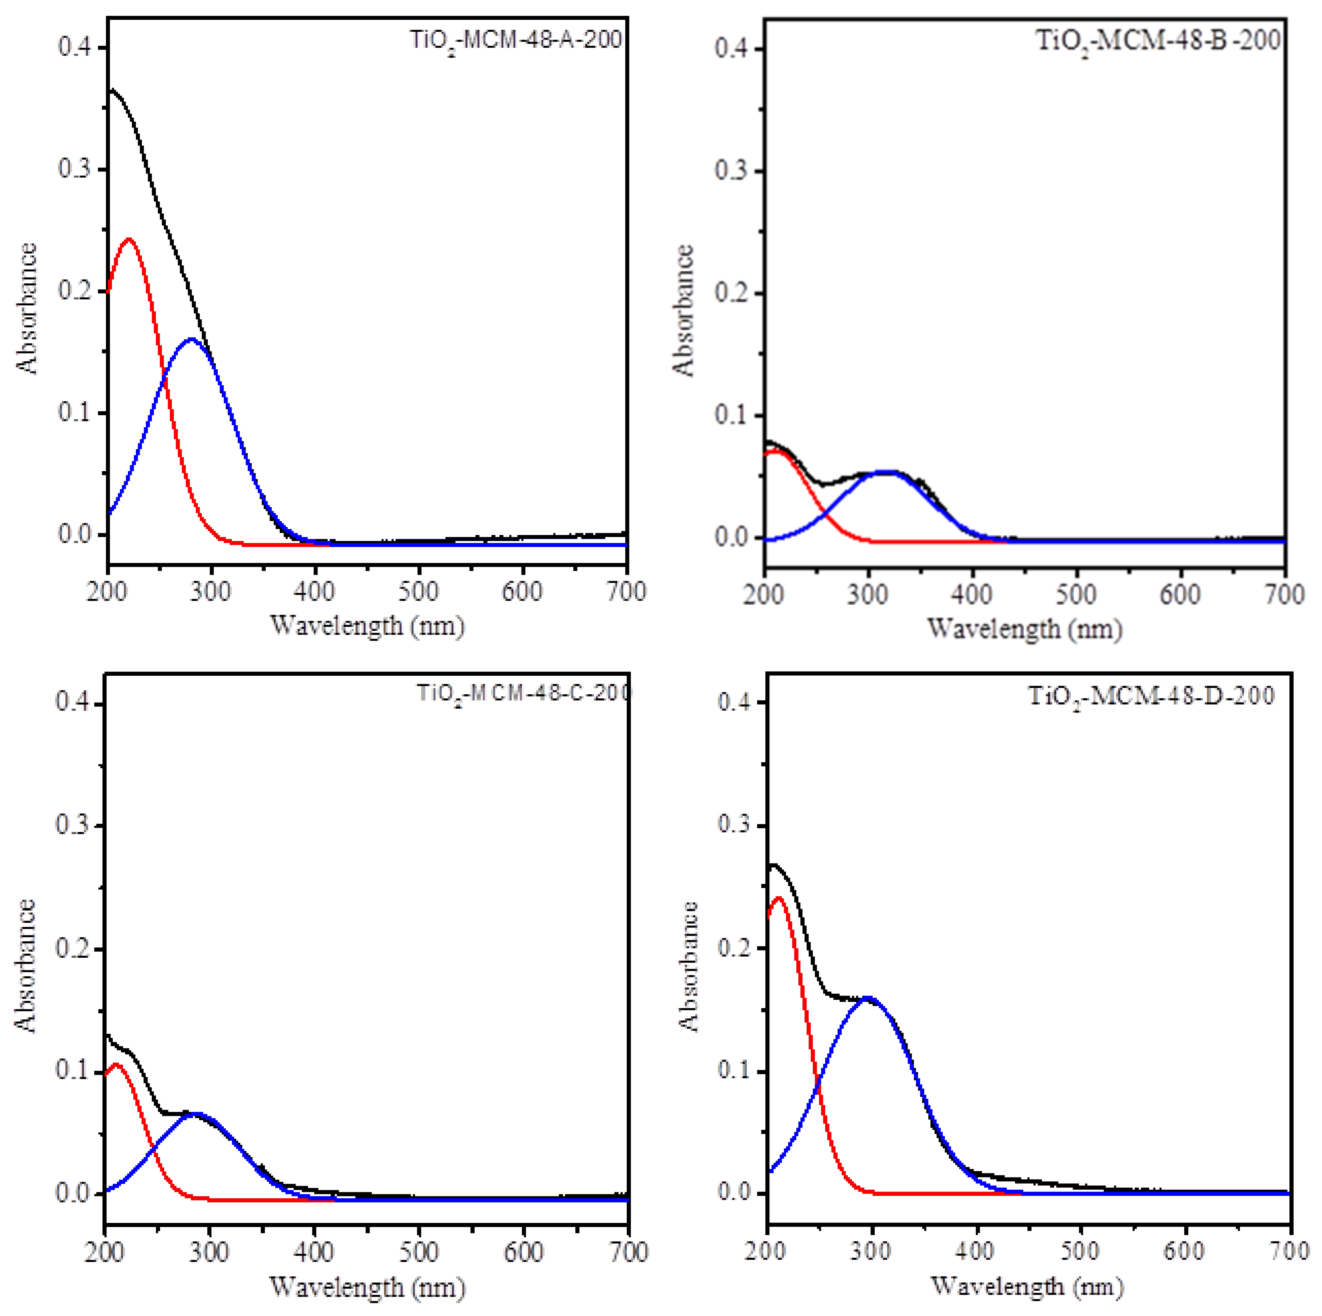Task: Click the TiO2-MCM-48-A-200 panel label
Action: point(515,40)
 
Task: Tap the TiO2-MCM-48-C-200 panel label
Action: point(523,694)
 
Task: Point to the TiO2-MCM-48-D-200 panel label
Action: point(1152,697)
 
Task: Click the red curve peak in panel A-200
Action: point(128,240)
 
